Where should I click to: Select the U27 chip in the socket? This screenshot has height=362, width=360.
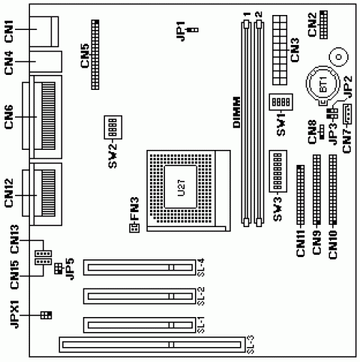click(x=181, y=187)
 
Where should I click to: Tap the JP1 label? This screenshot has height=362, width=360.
click(x=181, y=31)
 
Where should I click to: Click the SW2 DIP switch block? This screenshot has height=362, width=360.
click(x=113, y=127)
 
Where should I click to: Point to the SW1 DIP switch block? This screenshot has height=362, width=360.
click(x=280, y=102)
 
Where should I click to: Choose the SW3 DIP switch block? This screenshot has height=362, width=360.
click(x=277, y=171)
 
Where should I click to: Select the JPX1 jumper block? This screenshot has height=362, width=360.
click(x=46, y=315)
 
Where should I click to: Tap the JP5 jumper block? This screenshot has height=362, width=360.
click(x=58, y=268)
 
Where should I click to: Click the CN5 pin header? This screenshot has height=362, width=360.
click(x=95, y=55)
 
